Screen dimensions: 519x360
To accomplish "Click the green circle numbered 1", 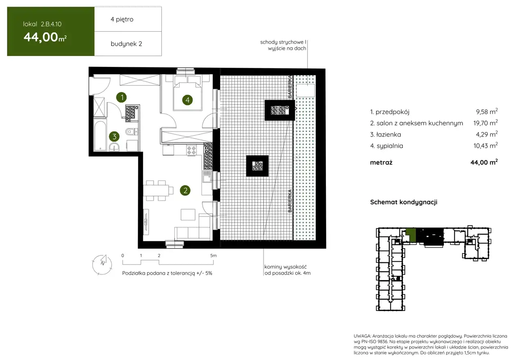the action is tap(121, 97).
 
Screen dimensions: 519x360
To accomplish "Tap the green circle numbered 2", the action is tap(185, 191).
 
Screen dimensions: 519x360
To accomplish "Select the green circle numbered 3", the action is tap(114, 137).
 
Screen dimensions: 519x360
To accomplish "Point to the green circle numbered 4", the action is tap(187, 100).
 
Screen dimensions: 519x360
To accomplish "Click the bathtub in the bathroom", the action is tap(100, 135).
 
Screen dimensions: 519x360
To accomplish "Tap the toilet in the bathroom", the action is tap(131, 132).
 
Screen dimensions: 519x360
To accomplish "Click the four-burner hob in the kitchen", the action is tap(192, 150).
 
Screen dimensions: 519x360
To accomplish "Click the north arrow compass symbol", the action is tap(102, 265).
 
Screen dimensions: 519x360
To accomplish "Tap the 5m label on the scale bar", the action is tap(213, 255).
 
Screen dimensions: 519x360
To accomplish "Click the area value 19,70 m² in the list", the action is tap(485, 123).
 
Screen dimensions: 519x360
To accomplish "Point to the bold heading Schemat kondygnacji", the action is tap(403, 202).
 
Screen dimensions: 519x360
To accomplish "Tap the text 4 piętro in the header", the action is tap(122, 19).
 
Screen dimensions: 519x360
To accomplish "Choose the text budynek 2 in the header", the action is tap(126, 44).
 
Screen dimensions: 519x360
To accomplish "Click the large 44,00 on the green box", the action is tap(41, 37).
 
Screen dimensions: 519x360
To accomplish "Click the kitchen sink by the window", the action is tap(207, 178).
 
